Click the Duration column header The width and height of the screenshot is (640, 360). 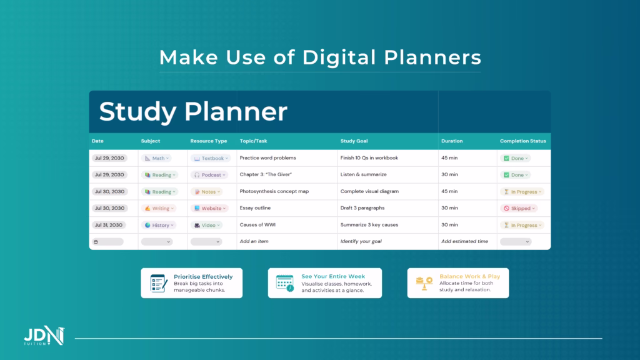click(452, 141)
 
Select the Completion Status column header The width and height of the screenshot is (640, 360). click(523, 141)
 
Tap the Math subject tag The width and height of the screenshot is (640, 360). click(157, 158)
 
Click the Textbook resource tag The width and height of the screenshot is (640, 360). click(211, 158)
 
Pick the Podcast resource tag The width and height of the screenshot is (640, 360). click(209, 175)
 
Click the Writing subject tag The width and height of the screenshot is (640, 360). click(159, 208)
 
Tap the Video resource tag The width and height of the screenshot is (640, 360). click(207, 225)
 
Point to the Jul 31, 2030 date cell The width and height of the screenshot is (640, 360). click(109, 225)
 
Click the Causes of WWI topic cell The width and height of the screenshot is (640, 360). click(257, 225)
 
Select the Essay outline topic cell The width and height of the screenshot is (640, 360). click(255, 208)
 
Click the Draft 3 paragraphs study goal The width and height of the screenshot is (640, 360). click(362, 208)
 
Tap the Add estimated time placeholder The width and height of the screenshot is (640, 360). click(464, 242)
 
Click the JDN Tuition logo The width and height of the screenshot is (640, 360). click(44, 336)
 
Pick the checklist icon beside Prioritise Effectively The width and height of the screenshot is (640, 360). click(158, 283)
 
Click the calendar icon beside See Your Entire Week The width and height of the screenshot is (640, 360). click(285, 283)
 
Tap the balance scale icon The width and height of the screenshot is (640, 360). click(424, 283)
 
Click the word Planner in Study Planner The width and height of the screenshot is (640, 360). click(236, 111)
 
